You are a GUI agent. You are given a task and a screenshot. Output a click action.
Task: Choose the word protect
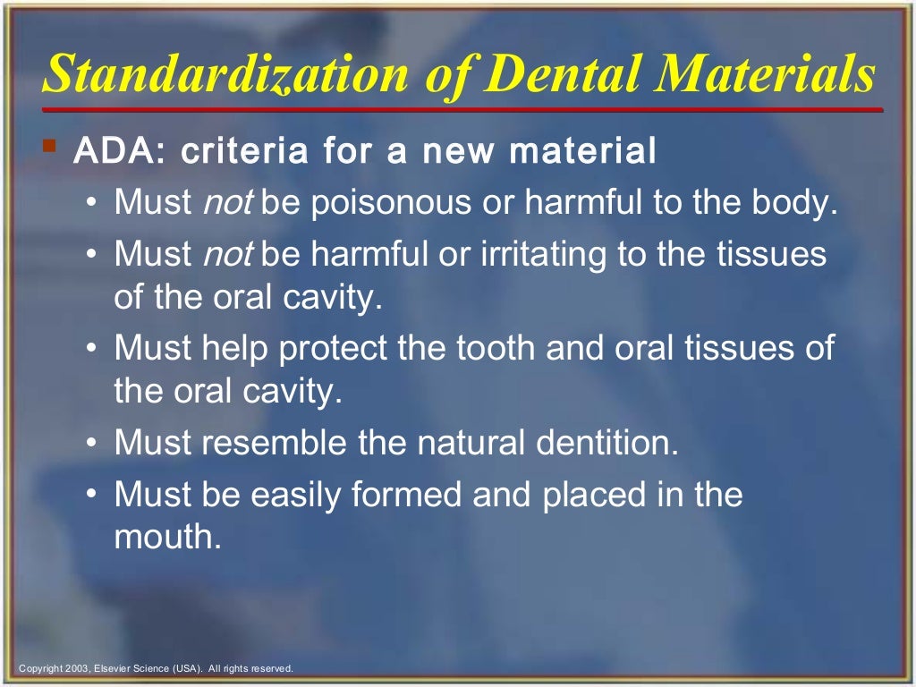coord(335,347)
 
